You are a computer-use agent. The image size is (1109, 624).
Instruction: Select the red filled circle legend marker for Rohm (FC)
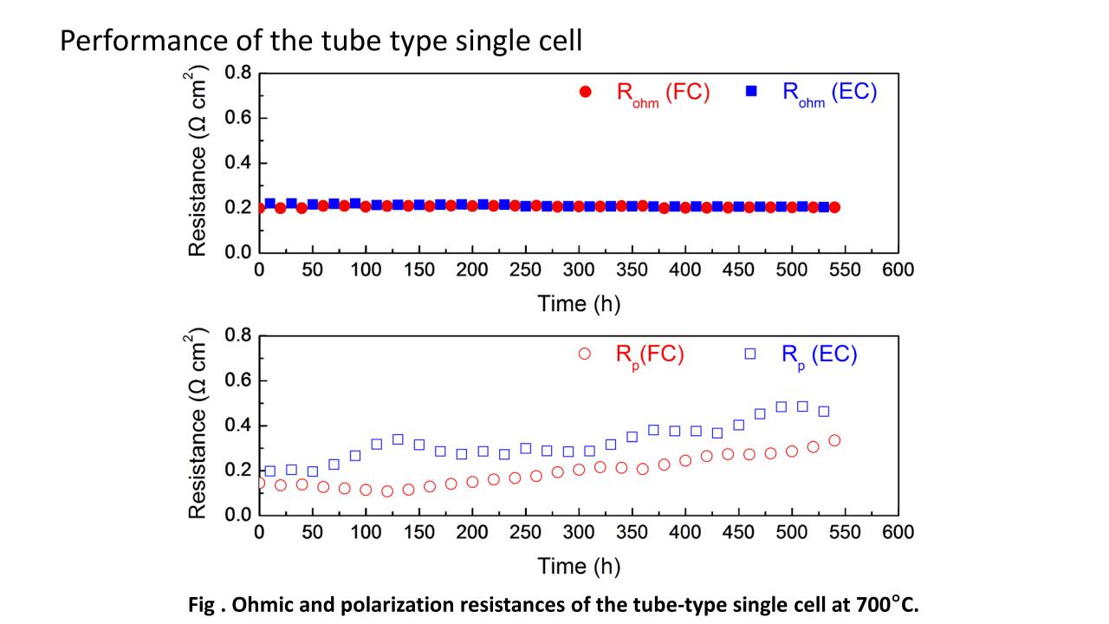[586, 92]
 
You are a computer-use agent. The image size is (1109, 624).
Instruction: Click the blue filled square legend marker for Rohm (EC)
[752, 91]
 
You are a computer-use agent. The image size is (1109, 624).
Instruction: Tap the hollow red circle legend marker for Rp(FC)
[584, 354]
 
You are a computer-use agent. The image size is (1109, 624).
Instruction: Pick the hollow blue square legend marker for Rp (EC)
[750, 354]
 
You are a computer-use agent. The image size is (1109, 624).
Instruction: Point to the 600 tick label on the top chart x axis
[898, 270]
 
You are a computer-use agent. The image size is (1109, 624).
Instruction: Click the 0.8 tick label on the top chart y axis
[237, 73]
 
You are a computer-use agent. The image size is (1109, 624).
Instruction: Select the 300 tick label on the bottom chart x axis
[579, 532]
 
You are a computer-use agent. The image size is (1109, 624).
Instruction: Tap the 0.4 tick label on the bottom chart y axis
[237, 426]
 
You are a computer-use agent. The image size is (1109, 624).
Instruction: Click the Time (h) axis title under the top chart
[579, 303]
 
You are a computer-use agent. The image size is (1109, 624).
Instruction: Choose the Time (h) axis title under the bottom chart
[579, 566]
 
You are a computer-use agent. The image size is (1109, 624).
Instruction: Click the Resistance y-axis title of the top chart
[199, 164]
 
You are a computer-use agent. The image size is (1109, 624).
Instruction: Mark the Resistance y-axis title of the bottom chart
[199, 426]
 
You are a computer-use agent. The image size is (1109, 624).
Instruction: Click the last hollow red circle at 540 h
[834, 440]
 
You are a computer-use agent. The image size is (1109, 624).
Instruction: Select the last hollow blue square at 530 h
[824, 412]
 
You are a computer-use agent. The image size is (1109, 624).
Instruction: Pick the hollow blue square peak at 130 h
[398, 439]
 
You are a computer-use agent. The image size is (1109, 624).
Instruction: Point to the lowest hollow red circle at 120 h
[387, 491]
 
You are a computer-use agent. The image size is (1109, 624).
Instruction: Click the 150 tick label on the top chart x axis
[419, 270]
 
